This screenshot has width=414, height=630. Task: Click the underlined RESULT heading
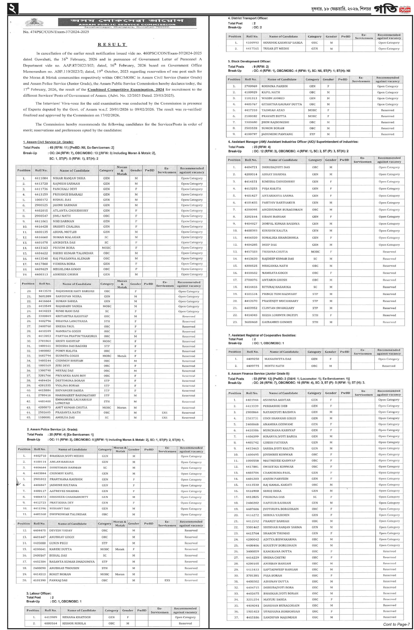[x=112, y=45]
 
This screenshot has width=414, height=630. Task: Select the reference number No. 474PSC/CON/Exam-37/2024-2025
[x=56, y=32]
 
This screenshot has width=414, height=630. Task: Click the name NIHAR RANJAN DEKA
[x=69, y=178]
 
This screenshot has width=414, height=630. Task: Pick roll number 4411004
[x=41, y=178]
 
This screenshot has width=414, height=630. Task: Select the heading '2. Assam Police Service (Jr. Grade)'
[x=52, y=429]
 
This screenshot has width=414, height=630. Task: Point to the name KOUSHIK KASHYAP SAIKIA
[x=282, y=43]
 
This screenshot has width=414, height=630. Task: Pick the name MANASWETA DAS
[x=277, y=359]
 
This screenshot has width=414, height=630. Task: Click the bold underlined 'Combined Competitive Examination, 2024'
[x=126, y=90]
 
